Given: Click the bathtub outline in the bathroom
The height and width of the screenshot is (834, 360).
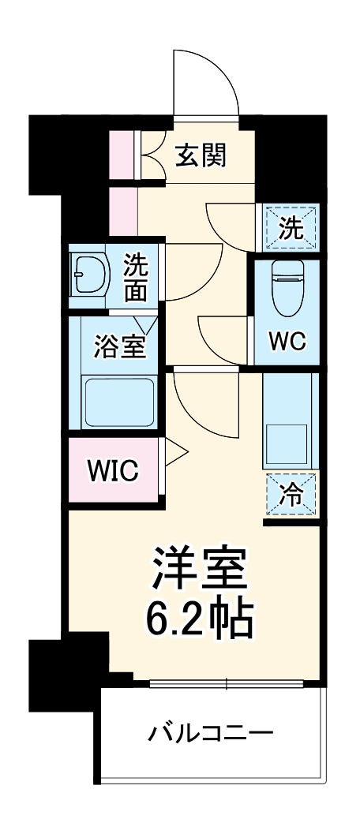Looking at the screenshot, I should [x=118, y=402].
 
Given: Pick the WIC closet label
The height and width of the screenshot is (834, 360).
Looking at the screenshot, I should [x=112, y=471].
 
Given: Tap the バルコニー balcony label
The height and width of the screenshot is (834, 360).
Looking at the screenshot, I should [x=211, y=735].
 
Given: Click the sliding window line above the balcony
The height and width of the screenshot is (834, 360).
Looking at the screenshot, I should [x=227, y=683].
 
